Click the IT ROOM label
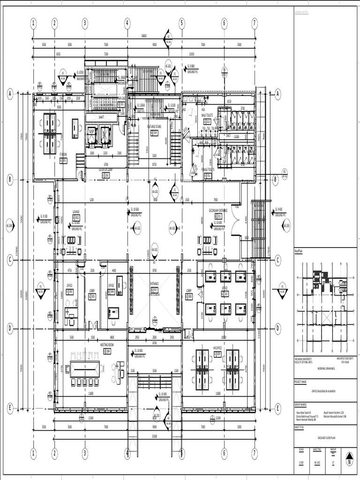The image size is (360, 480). coord(63,153)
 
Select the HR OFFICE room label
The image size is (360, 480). coord(217,348)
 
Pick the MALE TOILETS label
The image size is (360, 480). coord(208,115)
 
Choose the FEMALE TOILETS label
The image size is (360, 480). coord(208,169)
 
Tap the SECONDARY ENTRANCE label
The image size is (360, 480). coord(218,210)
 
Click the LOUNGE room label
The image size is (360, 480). coord(76,211)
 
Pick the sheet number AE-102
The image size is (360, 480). coord(317,461)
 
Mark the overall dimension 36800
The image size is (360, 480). coord(143,36)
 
